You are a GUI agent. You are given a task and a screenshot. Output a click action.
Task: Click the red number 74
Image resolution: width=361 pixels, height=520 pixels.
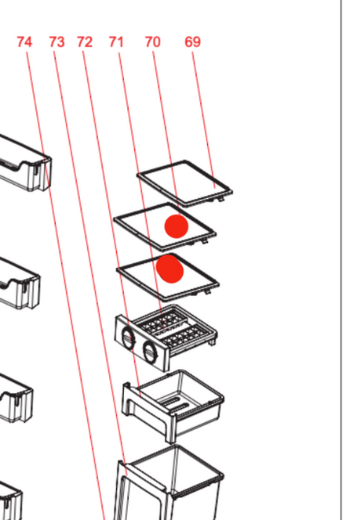[24, 42]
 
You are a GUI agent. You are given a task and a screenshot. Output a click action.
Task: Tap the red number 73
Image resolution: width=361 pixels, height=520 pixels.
[57, 42]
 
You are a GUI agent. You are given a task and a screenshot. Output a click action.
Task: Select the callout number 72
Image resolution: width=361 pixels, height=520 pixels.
[85, 42]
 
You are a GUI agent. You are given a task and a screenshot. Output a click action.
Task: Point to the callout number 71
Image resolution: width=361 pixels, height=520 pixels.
[116, 42]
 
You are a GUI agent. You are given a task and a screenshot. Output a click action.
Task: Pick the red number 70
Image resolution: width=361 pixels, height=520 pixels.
[153, 42]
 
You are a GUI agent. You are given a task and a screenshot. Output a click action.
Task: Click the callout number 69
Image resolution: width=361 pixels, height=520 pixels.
[193, 42]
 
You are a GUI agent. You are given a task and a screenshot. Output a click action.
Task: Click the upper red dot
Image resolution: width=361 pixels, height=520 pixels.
[177, 226]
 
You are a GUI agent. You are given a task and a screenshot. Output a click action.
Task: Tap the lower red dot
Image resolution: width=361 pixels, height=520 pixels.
[170, 269]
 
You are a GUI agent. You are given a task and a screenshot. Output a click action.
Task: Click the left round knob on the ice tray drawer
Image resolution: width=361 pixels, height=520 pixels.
[128, 338]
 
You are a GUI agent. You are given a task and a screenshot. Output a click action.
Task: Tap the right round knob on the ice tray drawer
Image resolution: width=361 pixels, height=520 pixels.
[150, 353]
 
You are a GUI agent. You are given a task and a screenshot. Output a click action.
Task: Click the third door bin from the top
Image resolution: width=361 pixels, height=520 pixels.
[16, 398]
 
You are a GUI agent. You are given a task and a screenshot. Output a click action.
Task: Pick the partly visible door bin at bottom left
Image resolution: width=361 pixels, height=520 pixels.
[11, 500]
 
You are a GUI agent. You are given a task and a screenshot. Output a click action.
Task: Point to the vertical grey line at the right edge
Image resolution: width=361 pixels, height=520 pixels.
[341, 260]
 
